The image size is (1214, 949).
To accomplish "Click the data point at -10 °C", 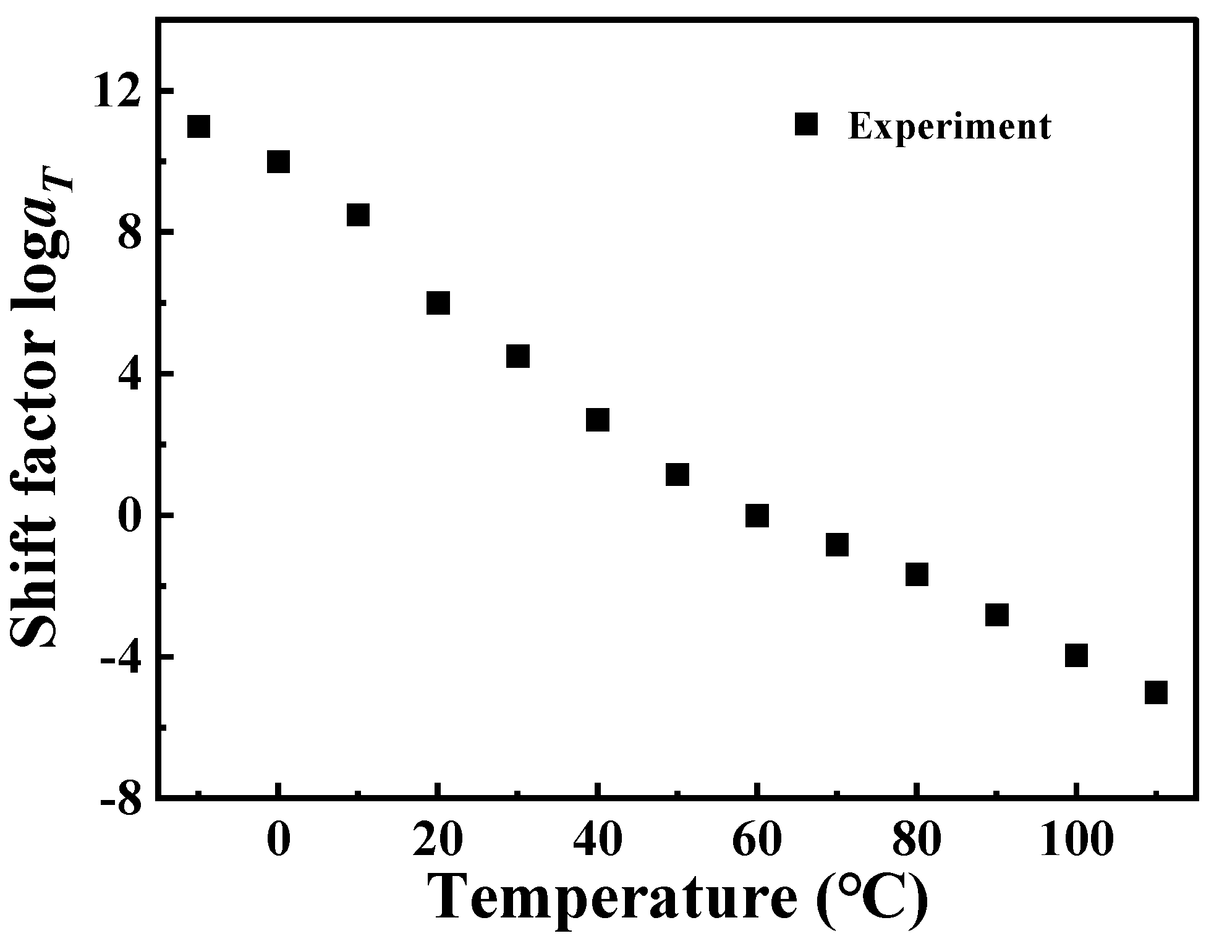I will coord(198,127).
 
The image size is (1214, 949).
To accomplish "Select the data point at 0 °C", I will coord(278,162).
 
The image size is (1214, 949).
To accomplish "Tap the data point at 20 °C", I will coord(438,304).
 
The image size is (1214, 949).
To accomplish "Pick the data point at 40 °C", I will coord(597,420).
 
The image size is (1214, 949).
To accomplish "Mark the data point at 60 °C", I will coord(757,515).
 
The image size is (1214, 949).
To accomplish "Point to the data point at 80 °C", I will coord(917,574).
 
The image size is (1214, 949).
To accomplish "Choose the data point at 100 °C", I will coord(1076,655).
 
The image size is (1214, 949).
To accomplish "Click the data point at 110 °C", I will coord(1156,692).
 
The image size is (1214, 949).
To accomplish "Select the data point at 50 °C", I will coord(677,475).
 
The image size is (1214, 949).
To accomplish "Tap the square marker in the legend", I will coord(806,124).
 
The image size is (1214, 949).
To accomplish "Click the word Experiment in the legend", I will coord(949,127).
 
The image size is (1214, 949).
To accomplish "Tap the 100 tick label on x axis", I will coord(1076,841).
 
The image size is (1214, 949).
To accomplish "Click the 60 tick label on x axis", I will coord(757,841).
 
